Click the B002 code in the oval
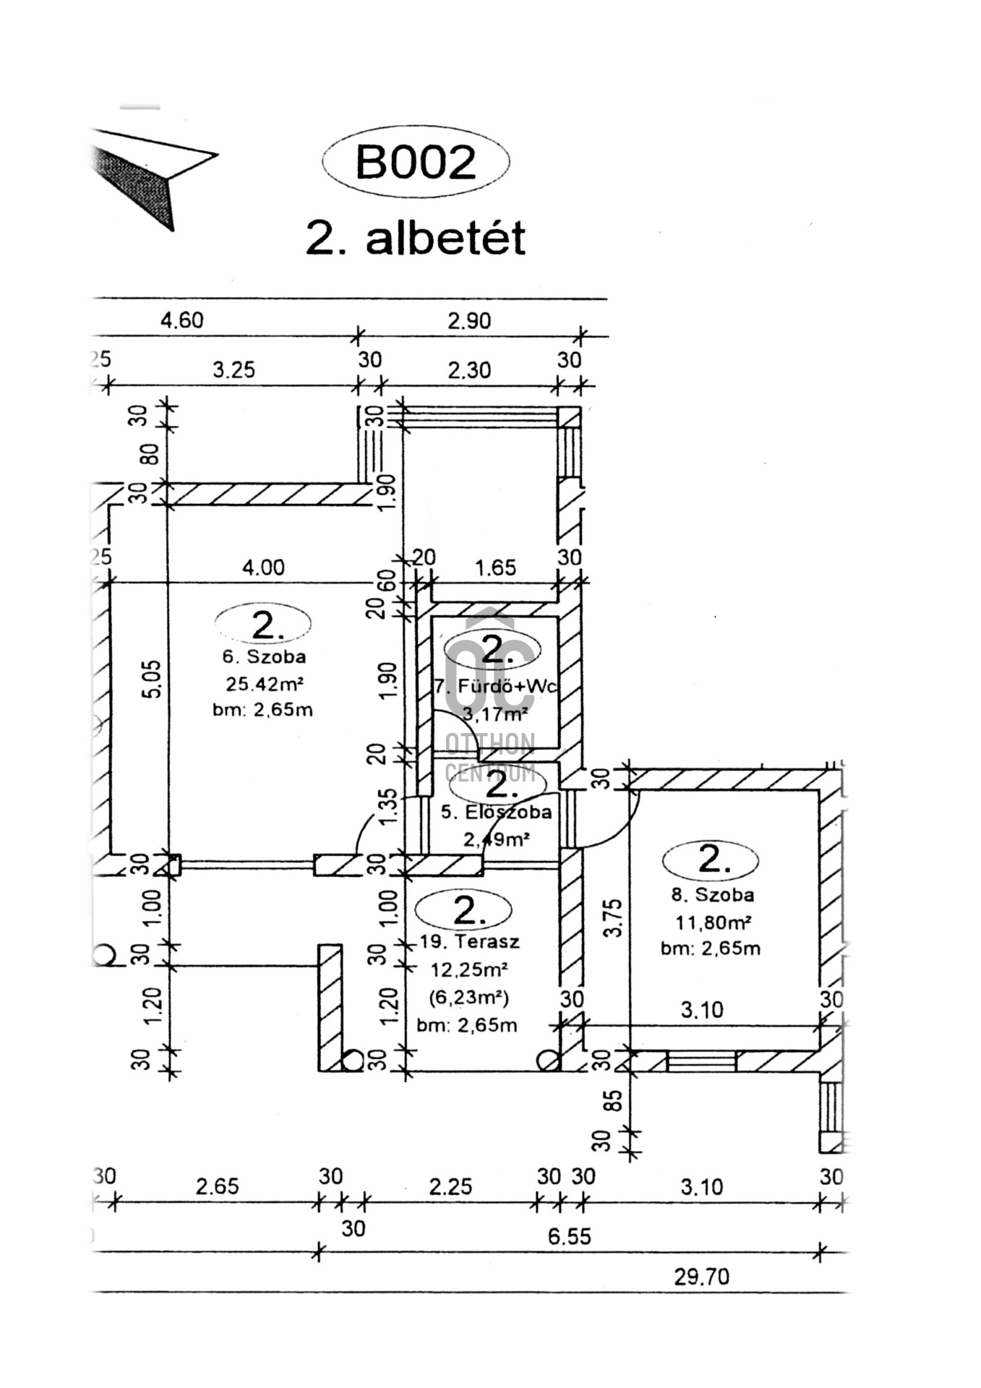(x=416, y=162)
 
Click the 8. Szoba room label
(x=712, y=894)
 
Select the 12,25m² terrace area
(x=469, y=969)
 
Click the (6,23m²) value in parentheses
(x=469, y=998)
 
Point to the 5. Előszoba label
(x=496, y=812)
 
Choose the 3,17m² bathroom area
(x=495, y=715)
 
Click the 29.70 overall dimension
(x=701, y=1277)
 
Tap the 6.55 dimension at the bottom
(x=569, y=1236)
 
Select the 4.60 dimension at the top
(x=182, y=320)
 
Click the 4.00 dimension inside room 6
(x=263, y=567)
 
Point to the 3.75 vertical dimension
(x=613, y=917)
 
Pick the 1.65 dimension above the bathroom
(x=496, y=567)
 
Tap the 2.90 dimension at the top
(x=469, y=320)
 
